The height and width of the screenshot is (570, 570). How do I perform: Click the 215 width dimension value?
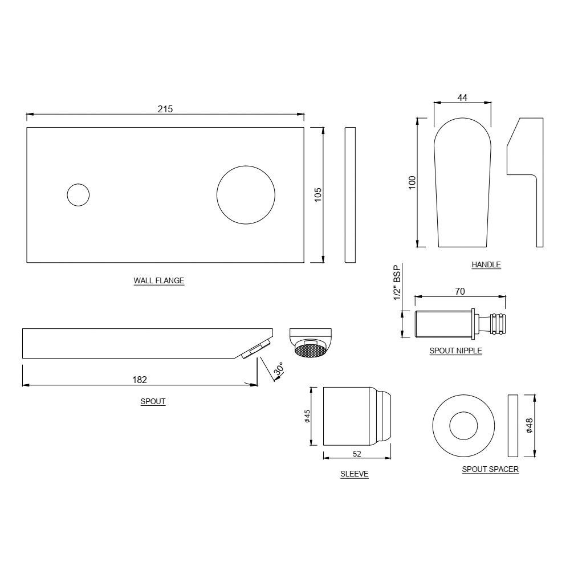click(x=165, y=109)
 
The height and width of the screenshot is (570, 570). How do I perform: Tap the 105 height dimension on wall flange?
click(x=318, y=194)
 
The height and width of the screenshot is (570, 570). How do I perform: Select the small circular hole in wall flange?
click(x=78, y=195)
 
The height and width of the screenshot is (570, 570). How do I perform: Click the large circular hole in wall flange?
click(x=245, y=195)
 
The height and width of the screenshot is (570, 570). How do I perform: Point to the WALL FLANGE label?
click(x=159, y=280)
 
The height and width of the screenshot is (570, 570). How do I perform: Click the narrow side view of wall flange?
click(x=350, y=194)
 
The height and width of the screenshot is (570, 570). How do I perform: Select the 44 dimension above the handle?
click(x=462, y=98)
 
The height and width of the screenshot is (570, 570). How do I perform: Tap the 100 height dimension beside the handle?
click(x=413, y=182)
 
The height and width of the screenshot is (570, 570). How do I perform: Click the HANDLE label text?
click(x=486, y=264)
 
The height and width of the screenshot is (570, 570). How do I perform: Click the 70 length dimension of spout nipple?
click(x=460, y=291)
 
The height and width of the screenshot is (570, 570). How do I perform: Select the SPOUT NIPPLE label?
click(x=455, y=351)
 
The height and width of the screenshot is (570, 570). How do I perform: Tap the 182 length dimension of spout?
click(x=140, y=379)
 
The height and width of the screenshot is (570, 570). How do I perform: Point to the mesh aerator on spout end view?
click(x=311, y=349)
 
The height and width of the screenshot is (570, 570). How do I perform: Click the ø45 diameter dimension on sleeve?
click(x=306, y=417)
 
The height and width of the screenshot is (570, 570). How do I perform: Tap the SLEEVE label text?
click(x=354, y=474)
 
